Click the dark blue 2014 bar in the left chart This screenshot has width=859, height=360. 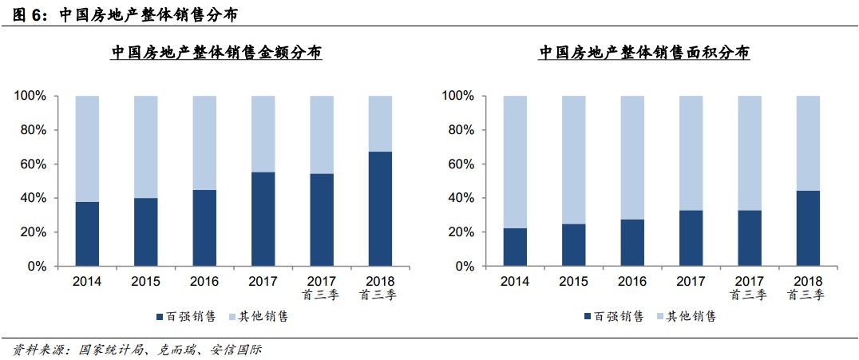[x=87, y=234]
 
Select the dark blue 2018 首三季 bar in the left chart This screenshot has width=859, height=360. [x=380, y=208]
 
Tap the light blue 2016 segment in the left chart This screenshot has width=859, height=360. [x=204, y=142]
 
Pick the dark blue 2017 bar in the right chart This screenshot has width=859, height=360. [x=691, y=238]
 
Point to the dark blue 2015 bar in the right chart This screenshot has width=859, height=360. [x=574, y=245]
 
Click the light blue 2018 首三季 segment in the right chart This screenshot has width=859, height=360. [x=808, y=143]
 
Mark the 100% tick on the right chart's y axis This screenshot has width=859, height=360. [x=458, y=96]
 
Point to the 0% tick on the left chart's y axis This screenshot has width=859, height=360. [x=37, y=267]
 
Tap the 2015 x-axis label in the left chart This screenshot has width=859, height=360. [x=145, y=281]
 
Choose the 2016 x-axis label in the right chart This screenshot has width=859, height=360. [x=632, y=281]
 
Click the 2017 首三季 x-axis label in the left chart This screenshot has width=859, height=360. [x=322, y=288]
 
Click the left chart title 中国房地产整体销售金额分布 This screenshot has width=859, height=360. [x=216, y=53]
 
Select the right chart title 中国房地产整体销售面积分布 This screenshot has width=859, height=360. [x=643, y=53]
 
